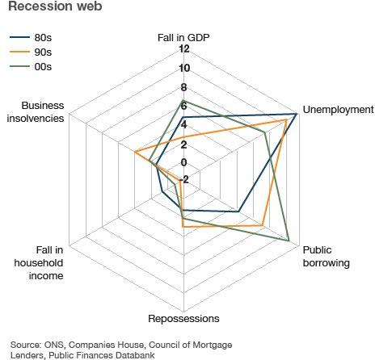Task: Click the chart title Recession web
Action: tap(46, 9)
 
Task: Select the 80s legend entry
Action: tap(40, 36)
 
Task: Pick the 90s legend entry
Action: tap(40, 51)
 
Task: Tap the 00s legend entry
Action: tap(40, 65)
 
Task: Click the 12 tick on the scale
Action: tap(183, 50)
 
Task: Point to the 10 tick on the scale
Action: tap(183, 69)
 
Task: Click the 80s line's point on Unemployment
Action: tap(297, 115)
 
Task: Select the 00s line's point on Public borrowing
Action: tap(289, 240)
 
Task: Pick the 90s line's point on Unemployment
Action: tap(287, 119)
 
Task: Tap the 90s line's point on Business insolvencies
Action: tap(136, 153)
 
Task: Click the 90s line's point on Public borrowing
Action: tap(264, 225)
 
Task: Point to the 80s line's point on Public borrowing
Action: tap(239, 211)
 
